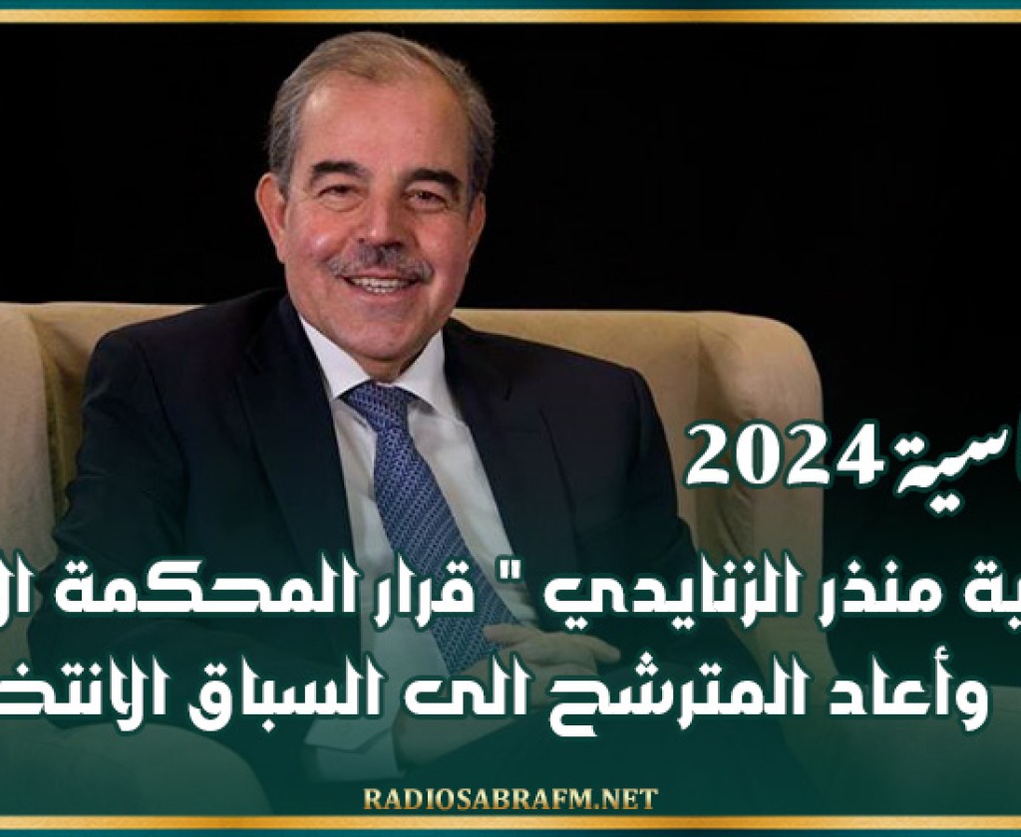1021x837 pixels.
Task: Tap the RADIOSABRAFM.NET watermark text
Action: [510, 799]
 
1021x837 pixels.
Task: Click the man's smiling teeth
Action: [380, 285]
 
